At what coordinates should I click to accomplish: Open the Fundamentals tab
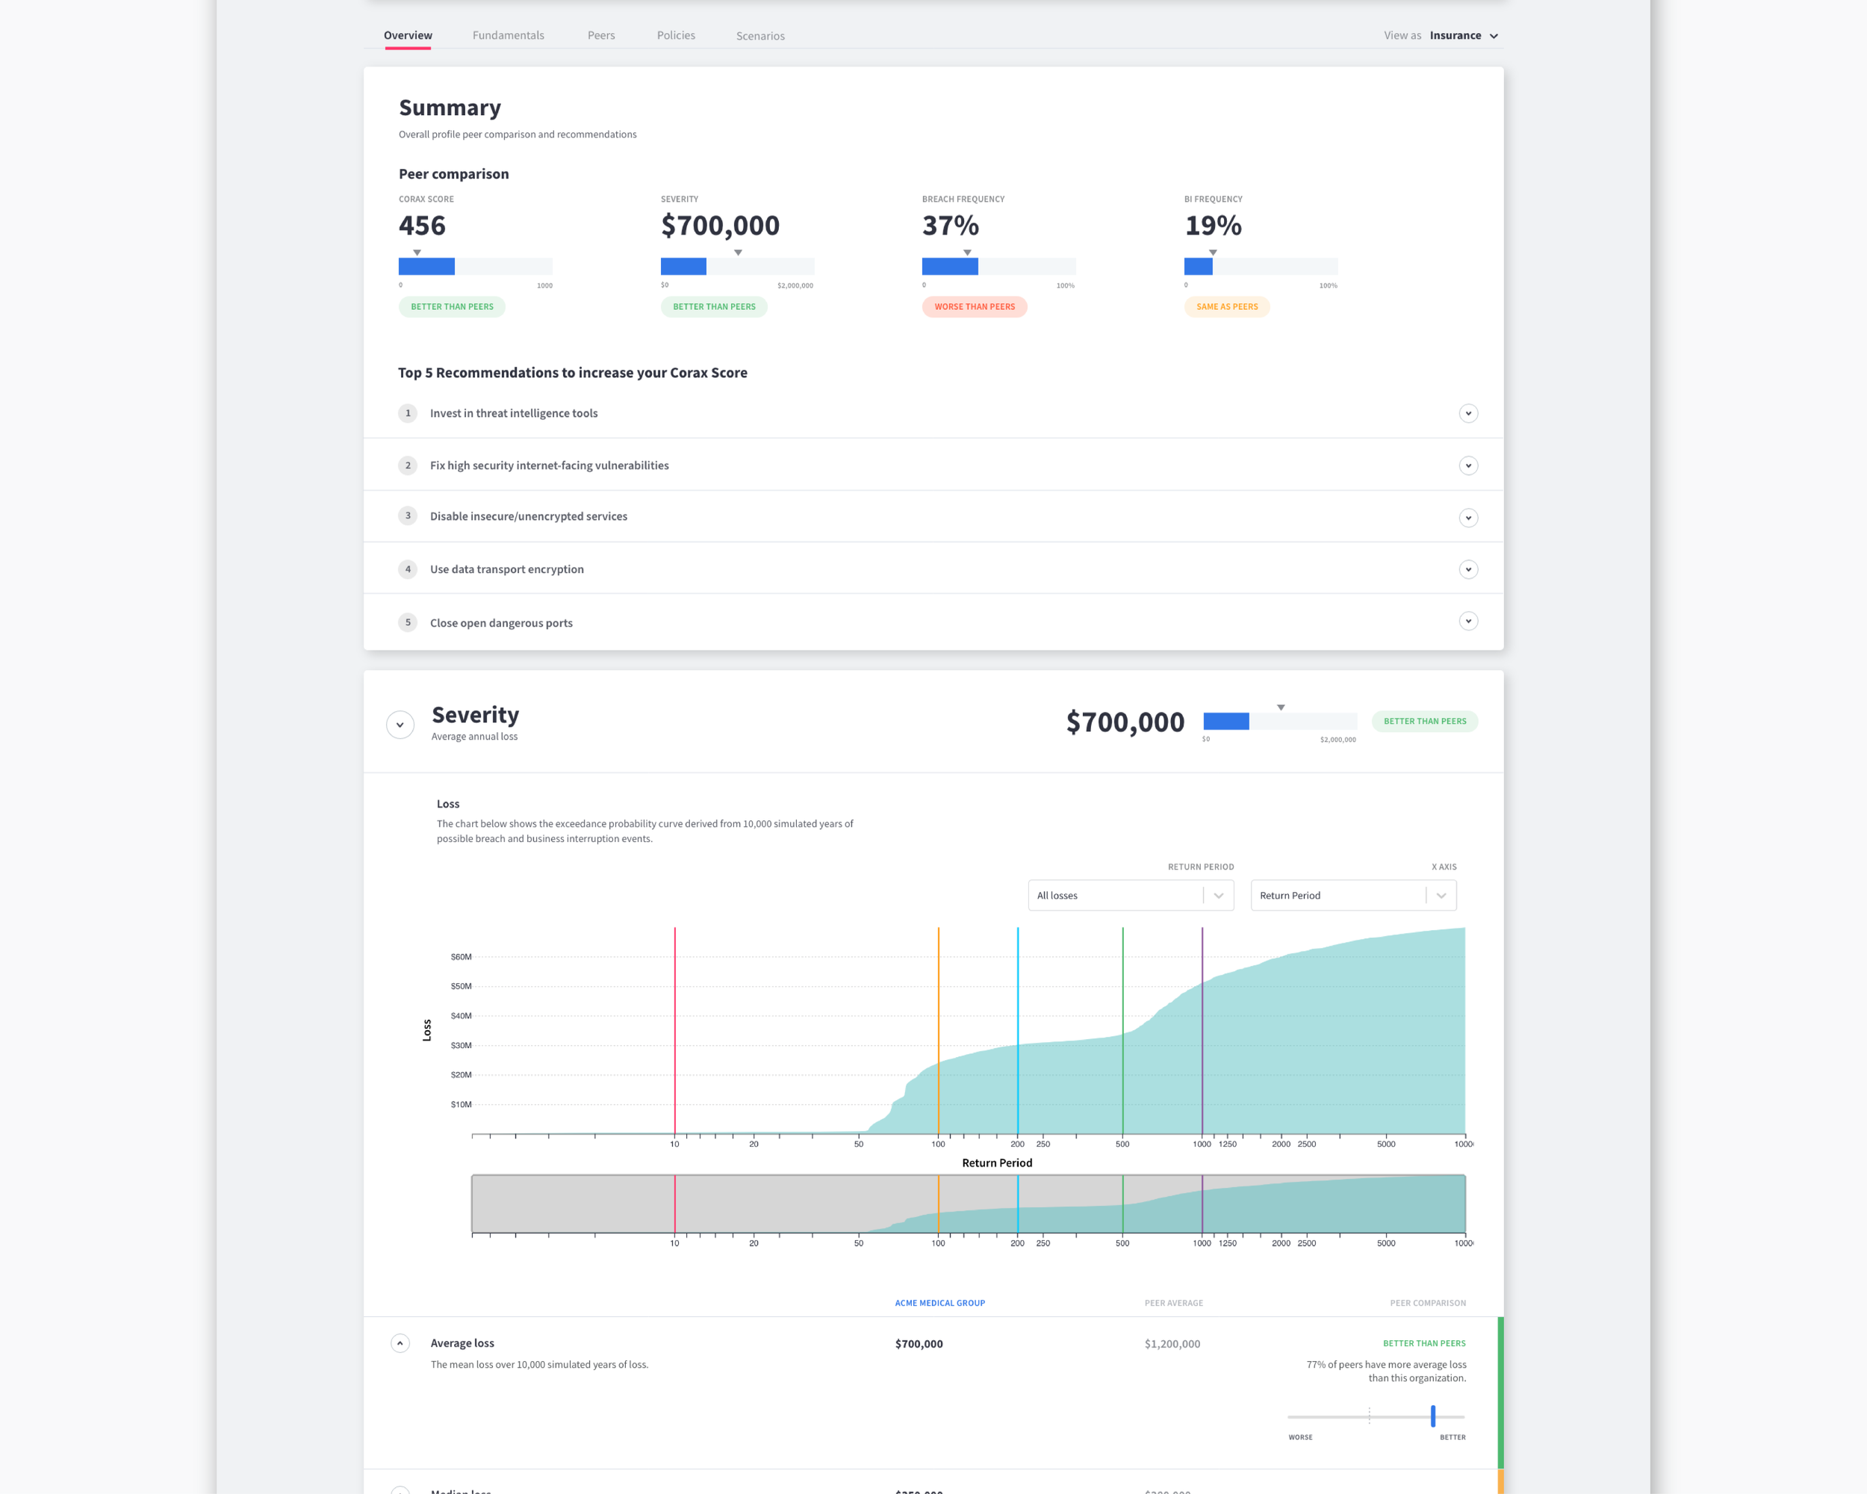pyautogui.click(x=509, y=36)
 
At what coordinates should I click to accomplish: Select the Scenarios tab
pyautogui.click(x=760, y=37)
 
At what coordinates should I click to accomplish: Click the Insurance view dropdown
pyautogui.click(x=1464, y=36)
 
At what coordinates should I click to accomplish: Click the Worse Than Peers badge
pyautogui.click(x=974, y=306)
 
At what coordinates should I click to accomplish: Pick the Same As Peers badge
pyautogui.click(x=1226, y=306)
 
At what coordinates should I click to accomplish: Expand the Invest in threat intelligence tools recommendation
pyautogui.click(x=1467, y=414)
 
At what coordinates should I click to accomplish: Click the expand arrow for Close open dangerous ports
pyautogui.click(x=1467, y=621)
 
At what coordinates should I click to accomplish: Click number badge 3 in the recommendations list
pyautogui.click(x=408, y=516)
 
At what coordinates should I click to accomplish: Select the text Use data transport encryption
pyautogui.click(x=506, y=569)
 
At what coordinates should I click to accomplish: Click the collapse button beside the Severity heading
pyautogui.click(x=400, y=724)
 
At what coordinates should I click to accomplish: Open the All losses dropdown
pyautogui.click(x=1130, y=896)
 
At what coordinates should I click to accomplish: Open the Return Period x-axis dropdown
pyautogui.click(x=1352, y=896)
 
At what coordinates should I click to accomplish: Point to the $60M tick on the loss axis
pyautogui.click(x=461, y=957)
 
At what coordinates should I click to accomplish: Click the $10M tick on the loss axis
pyautogui.click(x=461, y=1104)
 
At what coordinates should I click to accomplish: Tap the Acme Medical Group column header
pyautogui.click(x=939, y=1303)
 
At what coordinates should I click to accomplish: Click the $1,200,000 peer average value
pyautogui.click(x=1172, y=1344)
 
